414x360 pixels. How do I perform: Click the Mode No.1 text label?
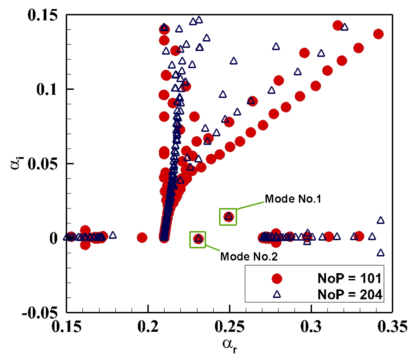[x=293, y=199]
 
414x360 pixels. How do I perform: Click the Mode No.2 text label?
[x=249, y=256]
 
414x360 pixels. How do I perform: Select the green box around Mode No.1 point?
[x=228, y=217]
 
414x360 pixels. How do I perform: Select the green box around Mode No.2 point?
[x=198, y=240]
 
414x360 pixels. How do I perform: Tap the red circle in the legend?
[x=277, y=279]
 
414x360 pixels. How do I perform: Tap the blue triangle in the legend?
[x=277, y=294]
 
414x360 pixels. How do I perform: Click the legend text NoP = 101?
[x=349, y=278]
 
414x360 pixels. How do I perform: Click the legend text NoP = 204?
[x=350, y=294]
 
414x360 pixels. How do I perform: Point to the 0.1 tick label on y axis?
[x=47, y=89]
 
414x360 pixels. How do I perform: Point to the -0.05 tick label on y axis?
[x=40, y=312]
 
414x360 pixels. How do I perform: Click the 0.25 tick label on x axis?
[x=230, y=326]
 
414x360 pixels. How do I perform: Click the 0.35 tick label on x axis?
[x=392, y=326]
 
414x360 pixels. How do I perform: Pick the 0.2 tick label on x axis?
[x=148, y=326]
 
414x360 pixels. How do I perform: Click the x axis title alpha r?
[x=230, y=345]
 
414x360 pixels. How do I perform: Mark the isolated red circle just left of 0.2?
[x=142, y=238]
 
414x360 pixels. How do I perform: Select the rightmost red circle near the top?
[x=378, y=34]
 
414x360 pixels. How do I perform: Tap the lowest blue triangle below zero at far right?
[x=380, y=253]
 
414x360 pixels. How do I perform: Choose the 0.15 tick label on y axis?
[x=43, y=15]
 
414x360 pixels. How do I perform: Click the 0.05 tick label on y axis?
[x=43, y=164]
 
